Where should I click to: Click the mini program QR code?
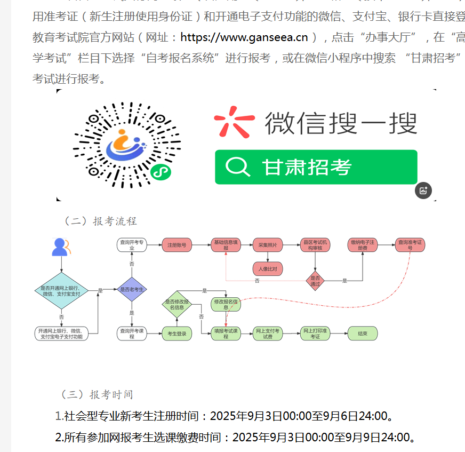(127, 145)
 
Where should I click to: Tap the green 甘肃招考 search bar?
(316, 167)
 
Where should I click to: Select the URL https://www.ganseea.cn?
(244, 37)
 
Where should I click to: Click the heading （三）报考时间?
(97, 394)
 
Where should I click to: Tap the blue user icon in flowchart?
(60, 247)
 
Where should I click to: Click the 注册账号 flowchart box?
(177, 245)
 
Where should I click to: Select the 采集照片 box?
(268, 245)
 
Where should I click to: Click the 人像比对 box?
(268, 268)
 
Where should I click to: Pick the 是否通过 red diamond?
(315, 281)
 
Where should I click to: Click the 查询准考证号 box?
(410, 245)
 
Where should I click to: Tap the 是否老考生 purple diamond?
(131, 290)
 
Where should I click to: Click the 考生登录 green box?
(177, 334)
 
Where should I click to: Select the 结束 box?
(363, 334)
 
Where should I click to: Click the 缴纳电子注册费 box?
(363, 245)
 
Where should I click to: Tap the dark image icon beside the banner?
(423, 191)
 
